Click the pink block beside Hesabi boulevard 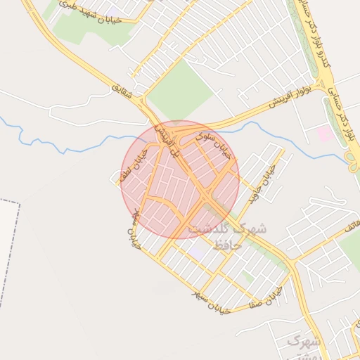click(x=325, y=132)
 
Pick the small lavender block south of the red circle click(x=196, y=248)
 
